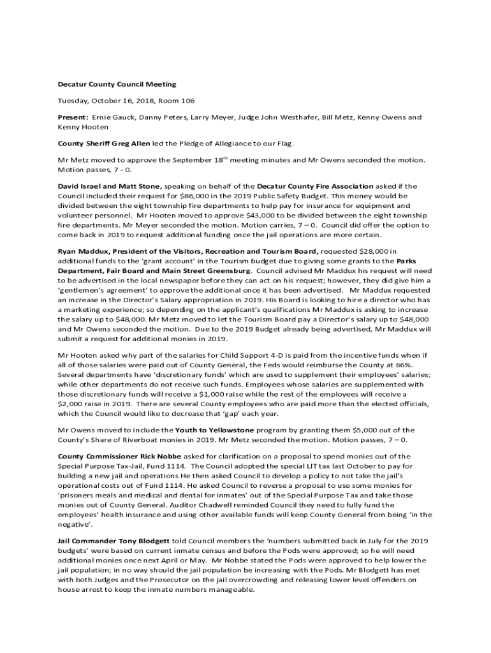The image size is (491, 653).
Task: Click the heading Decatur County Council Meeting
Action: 117,84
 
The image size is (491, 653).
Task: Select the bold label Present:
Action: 73,117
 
